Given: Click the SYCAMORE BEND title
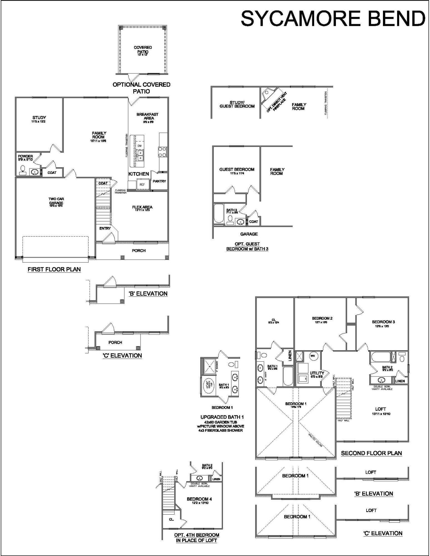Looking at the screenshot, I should [333, 18].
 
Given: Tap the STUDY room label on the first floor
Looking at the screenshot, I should [39, 118].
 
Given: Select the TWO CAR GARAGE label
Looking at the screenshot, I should [56, 201].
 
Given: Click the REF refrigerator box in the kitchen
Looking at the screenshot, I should [142, 184].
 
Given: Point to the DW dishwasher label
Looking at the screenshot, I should [139, 146].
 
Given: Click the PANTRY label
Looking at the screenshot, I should [159, 181].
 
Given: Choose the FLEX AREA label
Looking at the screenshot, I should [142, 207].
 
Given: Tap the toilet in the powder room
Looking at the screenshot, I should [23, 170].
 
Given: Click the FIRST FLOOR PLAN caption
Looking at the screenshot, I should [54, 269].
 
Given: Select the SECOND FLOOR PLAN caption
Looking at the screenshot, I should [371, 453].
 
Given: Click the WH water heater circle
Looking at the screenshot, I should [312, 356].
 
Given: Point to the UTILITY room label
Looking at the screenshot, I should [317, 373].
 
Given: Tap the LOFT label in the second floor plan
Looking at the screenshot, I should [380, 409].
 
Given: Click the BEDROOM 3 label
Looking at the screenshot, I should [383, 322].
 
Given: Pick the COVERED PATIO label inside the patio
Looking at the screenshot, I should [143, 49].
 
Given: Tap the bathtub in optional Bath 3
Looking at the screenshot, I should [218, 214].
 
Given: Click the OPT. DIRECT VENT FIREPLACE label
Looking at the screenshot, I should [276, 102].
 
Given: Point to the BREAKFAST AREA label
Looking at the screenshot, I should [147, 116].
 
